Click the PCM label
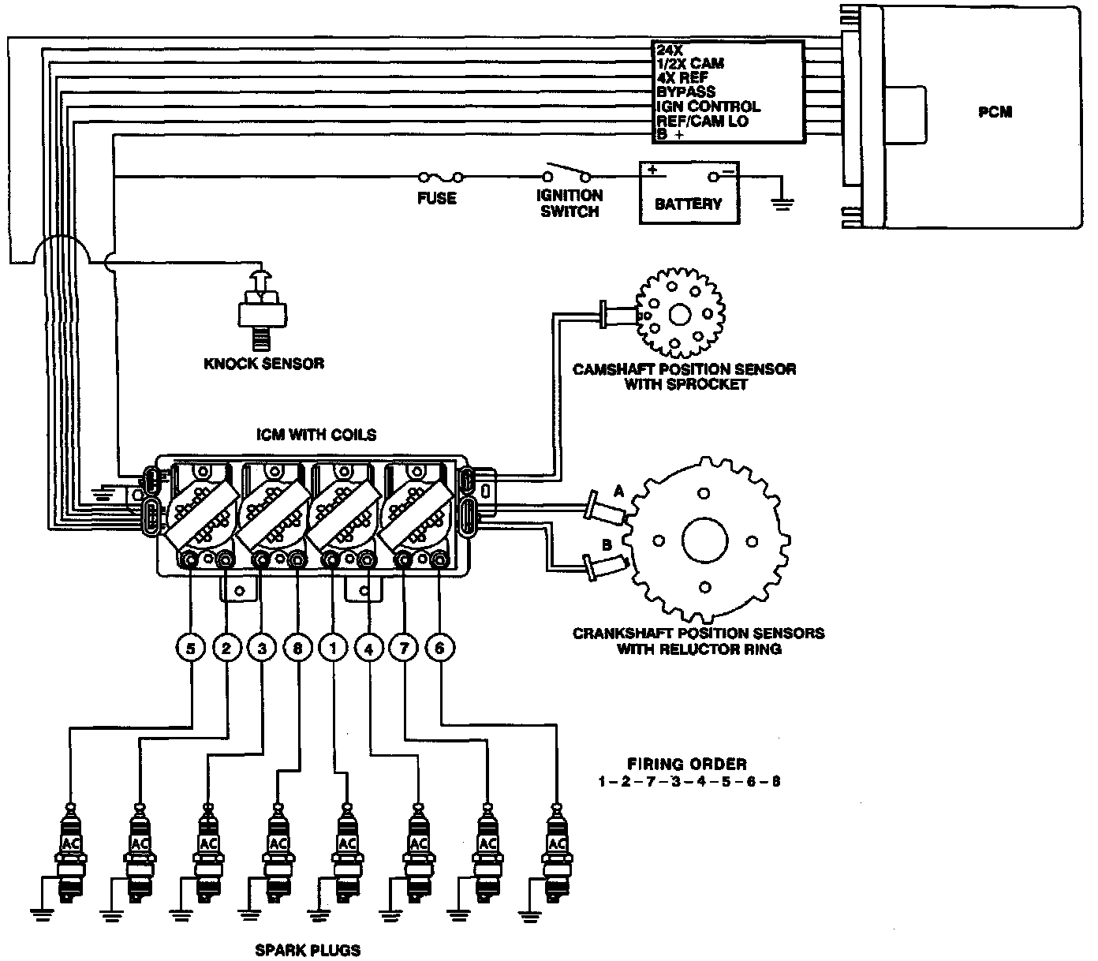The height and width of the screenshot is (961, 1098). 995,112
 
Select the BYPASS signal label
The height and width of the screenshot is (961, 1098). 685,92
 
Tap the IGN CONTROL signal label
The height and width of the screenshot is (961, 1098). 708,107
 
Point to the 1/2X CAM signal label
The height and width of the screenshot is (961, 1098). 690,63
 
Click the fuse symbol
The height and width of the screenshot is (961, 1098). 441,177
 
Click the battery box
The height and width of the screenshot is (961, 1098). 689,193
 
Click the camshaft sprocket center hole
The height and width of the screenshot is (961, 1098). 679,315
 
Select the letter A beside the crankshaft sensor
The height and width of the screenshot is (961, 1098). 618,491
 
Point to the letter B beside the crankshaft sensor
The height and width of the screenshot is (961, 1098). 607,545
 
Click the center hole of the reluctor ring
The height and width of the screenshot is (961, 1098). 704,540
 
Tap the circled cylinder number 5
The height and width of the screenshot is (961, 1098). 191,649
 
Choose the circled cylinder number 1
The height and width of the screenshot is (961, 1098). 333,649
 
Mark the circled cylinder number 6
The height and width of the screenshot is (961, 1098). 439,648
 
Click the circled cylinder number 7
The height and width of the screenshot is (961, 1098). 404,648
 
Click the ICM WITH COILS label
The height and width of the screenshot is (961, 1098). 316,434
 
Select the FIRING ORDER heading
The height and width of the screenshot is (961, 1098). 687,764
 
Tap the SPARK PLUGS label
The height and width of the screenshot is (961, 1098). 308,950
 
